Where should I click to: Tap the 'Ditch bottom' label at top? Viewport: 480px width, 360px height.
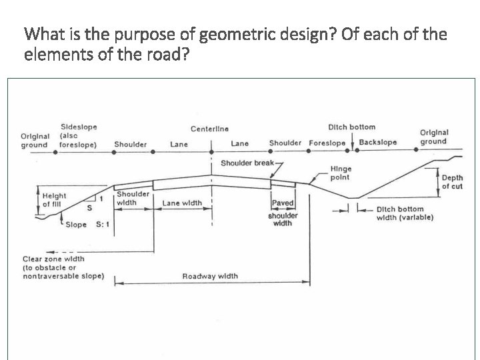point(351,127)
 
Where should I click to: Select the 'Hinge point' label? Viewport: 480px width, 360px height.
point(340,173)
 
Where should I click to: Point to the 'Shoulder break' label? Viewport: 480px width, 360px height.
point(247,163)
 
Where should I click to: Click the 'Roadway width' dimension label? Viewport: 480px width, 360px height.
point(210,276)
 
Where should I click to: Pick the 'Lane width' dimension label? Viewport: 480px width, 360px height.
point(181,203)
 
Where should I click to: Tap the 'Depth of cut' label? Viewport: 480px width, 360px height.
point(452,183)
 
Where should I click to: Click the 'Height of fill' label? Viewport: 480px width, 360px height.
point(54,200)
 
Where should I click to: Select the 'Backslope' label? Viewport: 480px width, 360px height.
point(377,143)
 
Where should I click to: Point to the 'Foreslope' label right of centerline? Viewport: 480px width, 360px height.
point(327,143)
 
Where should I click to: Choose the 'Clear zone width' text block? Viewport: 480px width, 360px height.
point(63,267)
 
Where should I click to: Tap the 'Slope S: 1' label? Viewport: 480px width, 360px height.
point(87,225)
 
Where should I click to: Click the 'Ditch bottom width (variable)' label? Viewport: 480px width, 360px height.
point(405,213)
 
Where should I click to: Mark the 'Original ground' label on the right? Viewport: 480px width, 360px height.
point(433,137)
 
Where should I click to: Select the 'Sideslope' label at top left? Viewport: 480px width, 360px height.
point(78,127)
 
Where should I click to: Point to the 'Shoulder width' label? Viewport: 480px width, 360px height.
point(133,198)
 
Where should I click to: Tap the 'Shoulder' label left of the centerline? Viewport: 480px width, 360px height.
point(131,144)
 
